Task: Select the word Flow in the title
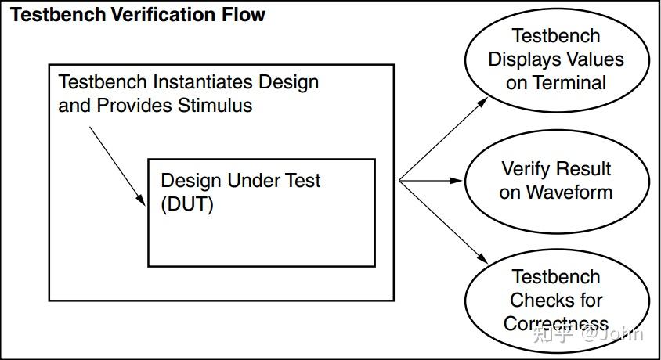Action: pos(244,14)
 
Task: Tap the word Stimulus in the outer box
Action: pos(215,106)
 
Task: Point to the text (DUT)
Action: pos(187,205)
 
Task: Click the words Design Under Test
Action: pos(240,181)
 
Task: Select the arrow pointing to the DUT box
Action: pos(117,165)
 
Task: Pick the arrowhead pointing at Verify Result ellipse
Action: pos(457,181)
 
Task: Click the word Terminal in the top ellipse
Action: pos(568,83)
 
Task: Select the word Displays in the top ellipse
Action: pos(524,59)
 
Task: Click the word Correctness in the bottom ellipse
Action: pos(555,323)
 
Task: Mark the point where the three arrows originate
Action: pos(399,181)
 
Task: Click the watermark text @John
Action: pos(612,334)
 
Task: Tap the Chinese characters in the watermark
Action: pos(552,334)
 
